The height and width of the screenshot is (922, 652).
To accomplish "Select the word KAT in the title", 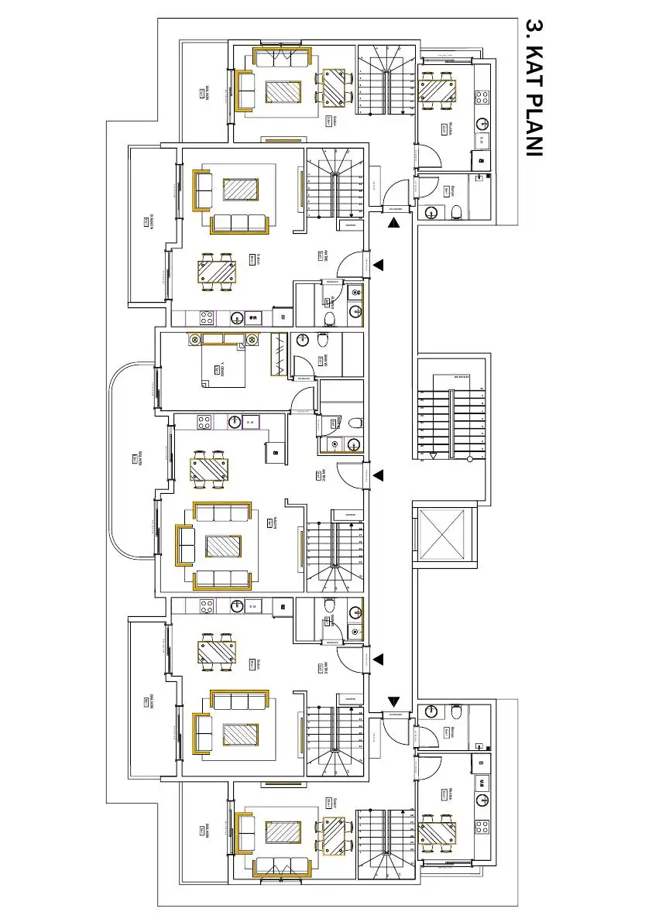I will tap(533, 67).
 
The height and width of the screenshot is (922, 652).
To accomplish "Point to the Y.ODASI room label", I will tap(222, 369).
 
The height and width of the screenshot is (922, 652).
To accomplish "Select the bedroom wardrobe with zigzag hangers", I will tap(277, 355).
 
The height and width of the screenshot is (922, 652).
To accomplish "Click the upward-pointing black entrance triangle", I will tap(393, 224).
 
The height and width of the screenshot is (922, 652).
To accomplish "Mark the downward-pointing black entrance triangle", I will tap(393, 701).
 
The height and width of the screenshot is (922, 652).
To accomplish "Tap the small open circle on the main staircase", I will tap(469, 460).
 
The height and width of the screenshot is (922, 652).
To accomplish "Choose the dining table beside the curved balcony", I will tap(209, 470).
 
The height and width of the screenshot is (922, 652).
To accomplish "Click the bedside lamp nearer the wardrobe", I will tap(252, 339).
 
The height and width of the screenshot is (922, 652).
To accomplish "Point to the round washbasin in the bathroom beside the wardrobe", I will tap(303, 340).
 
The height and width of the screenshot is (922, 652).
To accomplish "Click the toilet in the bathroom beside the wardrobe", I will tap(324, 340).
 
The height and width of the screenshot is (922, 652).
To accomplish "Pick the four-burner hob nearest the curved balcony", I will tap(204, 423).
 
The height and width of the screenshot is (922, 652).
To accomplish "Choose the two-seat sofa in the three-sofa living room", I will tap(186, 545).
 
